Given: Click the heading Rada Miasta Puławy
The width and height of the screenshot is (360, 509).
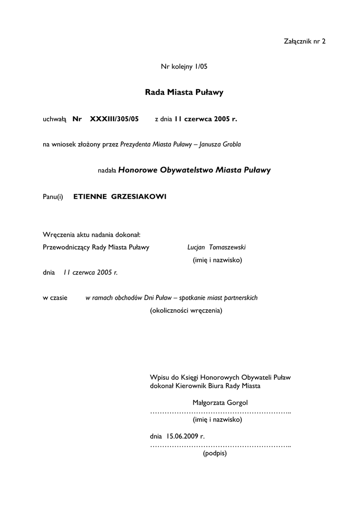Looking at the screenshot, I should [x=184, y=92].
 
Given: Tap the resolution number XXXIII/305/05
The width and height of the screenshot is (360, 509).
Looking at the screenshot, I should [x=114, y=119].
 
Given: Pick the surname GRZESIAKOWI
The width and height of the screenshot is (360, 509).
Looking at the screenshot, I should [x=139, y=197].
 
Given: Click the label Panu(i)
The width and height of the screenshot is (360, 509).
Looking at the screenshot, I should [x=53, y=197].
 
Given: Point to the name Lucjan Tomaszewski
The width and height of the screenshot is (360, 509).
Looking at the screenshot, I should [x=217, y=247].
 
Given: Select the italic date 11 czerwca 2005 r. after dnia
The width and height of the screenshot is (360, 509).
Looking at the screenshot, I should [x=90, y=272].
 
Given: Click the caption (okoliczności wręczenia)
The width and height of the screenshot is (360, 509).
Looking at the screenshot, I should [x=186, y=311].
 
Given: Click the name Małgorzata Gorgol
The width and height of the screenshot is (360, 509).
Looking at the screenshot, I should [x=220, y=402].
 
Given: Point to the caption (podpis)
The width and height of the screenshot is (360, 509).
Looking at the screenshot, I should [x=215, y=453].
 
